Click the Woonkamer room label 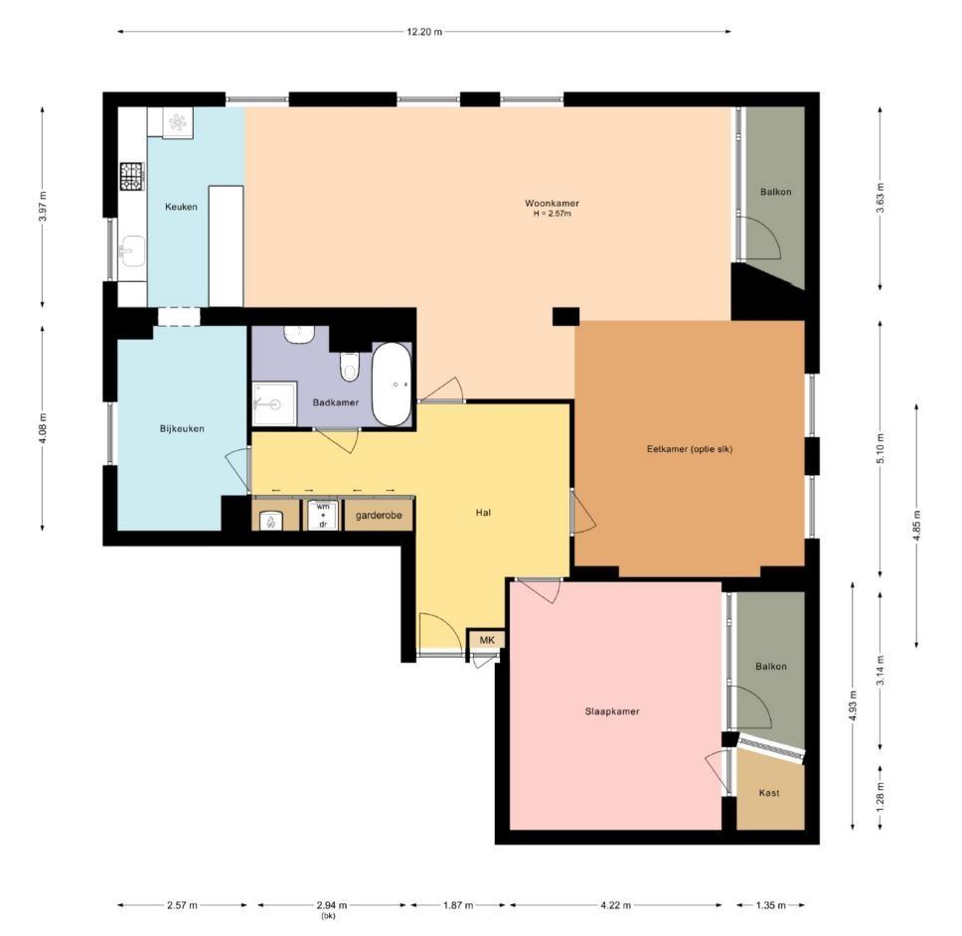552,203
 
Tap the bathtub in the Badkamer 392,385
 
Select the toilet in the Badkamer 349,367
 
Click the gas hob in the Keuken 132,176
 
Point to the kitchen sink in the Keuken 132,250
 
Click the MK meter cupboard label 487,640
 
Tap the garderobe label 379,516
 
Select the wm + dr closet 322,516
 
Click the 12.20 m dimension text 424,32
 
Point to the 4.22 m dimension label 615,905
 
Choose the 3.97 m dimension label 43,207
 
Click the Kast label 769,793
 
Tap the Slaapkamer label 611,711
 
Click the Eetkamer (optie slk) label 690,449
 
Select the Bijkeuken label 182,428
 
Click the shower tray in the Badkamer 274,403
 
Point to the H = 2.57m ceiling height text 553,214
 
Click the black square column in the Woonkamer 565,317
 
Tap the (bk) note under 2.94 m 328,916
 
